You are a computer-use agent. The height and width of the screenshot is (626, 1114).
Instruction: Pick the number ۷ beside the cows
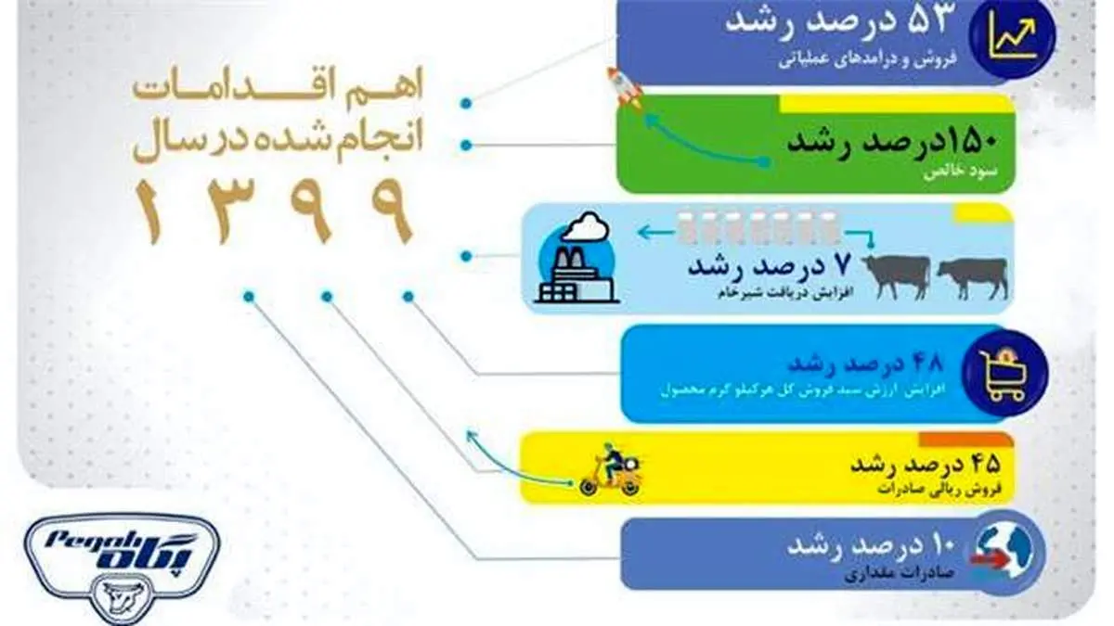(842, 265)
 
